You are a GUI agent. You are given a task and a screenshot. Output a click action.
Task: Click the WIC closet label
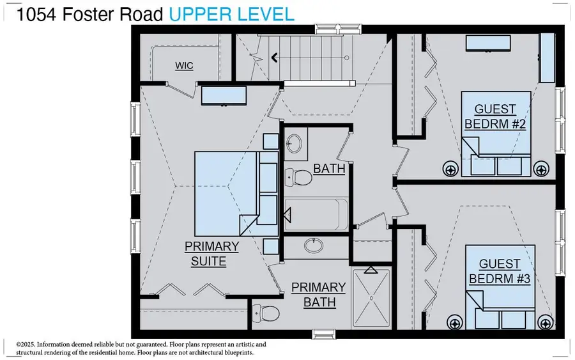[184, 66]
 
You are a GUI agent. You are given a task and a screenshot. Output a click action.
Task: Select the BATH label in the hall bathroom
[329, 169]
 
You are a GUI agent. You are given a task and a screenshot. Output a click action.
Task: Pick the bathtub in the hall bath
[316, 214]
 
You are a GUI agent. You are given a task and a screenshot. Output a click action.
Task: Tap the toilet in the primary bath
[264, 313]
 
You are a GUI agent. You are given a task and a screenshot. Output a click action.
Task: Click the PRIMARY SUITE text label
[211, 254]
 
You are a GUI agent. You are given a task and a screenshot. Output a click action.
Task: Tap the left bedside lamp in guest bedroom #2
[451, 169]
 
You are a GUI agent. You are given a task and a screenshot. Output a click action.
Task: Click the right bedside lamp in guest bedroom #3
[544, 322]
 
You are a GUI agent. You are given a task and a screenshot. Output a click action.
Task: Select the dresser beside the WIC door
[224, 96]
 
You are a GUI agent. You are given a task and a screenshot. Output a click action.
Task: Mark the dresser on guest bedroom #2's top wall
[487, 43]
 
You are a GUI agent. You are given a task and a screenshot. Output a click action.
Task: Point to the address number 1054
[33, 14]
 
